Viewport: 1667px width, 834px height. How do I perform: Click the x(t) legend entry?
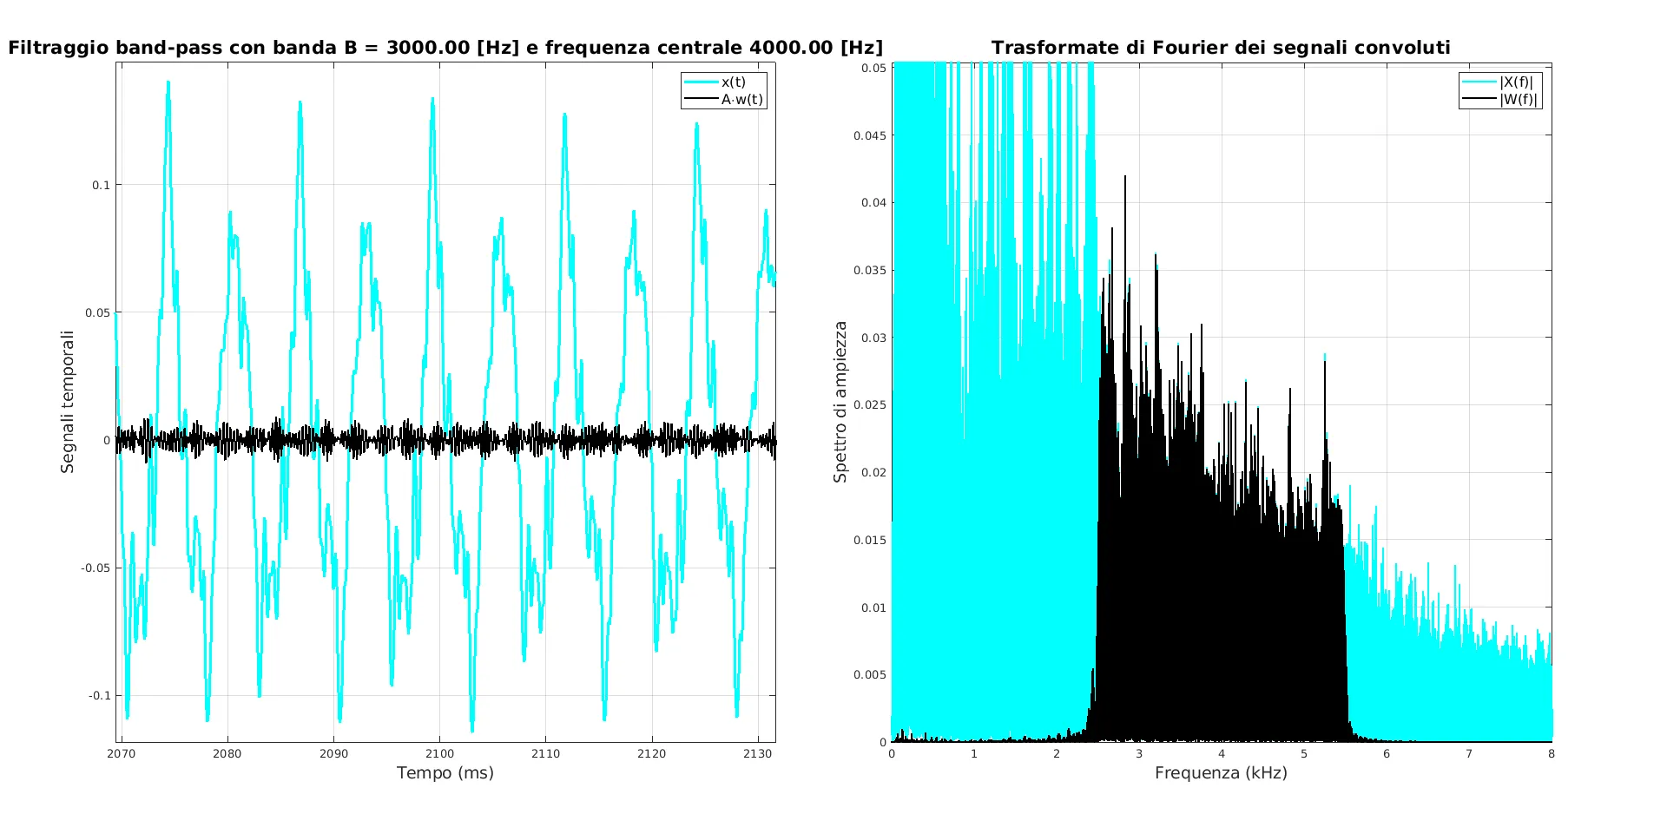click(x=733, y=82)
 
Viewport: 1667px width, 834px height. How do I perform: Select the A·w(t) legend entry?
click(x=741, y=99)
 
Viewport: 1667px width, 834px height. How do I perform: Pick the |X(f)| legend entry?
click(x=1516, y=82)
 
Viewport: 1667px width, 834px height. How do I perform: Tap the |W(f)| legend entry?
click(x=1518, y=99)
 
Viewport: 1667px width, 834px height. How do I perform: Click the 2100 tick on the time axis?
click(x=439, y=753)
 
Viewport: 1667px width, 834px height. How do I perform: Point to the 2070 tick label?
click(x=122, y=753)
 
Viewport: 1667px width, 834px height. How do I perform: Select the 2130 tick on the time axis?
click(x=757, y=753)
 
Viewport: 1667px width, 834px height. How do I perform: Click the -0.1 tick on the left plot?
click(x=100, y=695)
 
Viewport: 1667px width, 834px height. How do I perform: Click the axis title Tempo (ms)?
click(x=445, y=772)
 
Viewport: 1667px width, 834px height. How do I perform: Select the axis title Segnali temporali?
click(x=68, y=401)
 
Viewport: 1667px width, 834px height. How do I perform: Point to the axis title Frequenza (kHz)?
click(x=1221, y=772)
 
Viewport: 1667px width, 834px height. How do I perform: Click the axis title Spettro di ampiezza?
click(x=840, y=401)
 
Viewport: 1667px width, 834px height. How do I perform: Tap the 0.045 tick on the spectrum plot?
click(x=870, y=135)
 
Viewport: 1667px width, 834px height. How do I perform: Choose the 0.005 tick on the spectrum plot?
click(x=870, y=674)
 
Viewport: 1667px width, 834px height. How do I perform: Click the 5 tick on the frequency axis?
click(x=1304, y=753)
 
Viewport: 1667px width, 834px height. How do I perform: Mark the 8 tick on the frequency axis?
click(x=1552, y=753)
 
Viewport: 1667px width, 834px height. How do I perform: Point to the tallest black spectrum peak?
click(x=1125, y=177)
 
